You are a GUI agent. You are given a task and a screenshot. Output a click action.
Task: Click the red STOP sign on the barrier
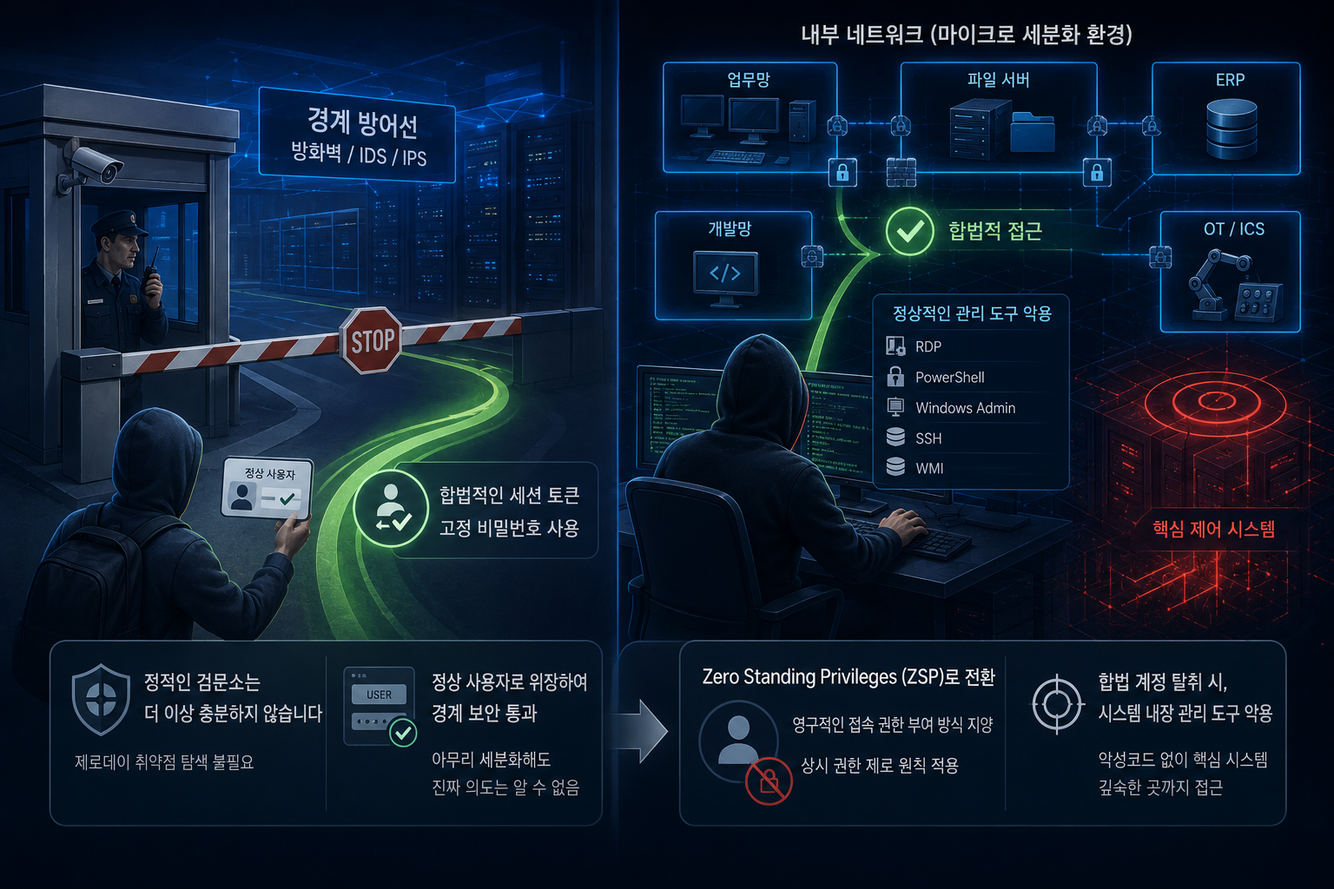[371, 340]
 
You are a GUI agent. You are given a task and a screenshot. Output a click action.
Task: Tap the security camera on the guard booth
[91, 166]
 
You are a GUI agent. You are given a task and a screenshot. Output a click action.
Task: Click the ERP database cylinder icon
[1232, 129]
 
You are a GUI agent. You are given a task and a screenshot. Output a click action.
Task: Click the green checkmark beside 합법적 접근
[909, 232]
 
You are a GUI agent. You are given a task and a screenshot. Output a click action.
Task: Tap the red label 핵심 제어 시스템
[1213, 529]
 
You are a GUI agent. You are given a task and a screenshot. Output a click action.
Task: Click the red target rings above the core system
[1216, 401]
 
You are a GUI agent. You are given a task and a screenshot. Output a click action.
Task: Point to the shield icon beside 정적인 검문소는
[101, 699]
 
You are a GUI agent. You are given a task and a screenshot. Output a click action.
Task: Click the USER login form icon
[380, 706]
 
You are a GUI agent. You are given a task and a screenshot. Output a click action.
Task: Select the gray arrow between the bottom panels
[642, 731]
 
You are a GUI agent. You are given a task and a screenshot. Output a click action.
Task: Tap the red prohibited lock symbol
[769, 781]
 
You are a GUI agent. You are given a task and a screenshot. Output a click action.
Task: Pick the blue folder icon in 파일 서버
[1033, 131]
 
